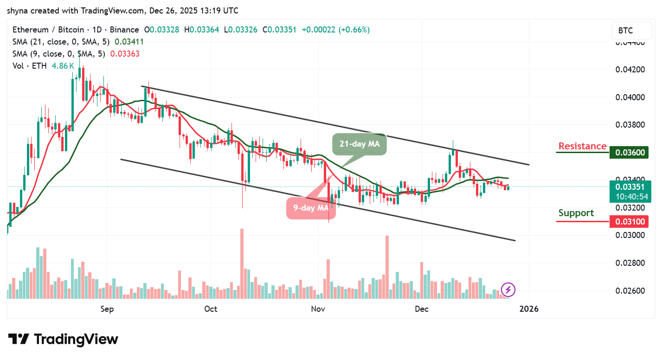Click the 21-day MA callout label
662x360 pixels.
click(360, 144)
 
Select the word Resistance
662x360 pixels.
click(582, 146)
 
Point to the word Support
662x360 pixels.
click(576, 213)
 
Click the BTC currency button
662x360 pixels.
click(629, 31)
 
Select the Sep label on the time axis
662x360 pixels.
click(107, 309)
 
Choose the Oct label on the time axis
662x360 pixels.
click(211, 309)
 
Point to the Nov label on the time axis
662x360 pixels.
click(317, 309)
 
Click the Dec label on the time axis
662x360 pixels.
click(422, 309)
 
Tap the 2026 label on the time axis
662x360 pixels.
click(528, 309)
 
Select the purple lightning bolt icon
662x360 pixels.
click(508, 290)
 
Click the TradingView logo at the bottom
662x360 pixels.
click(63, 339)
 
